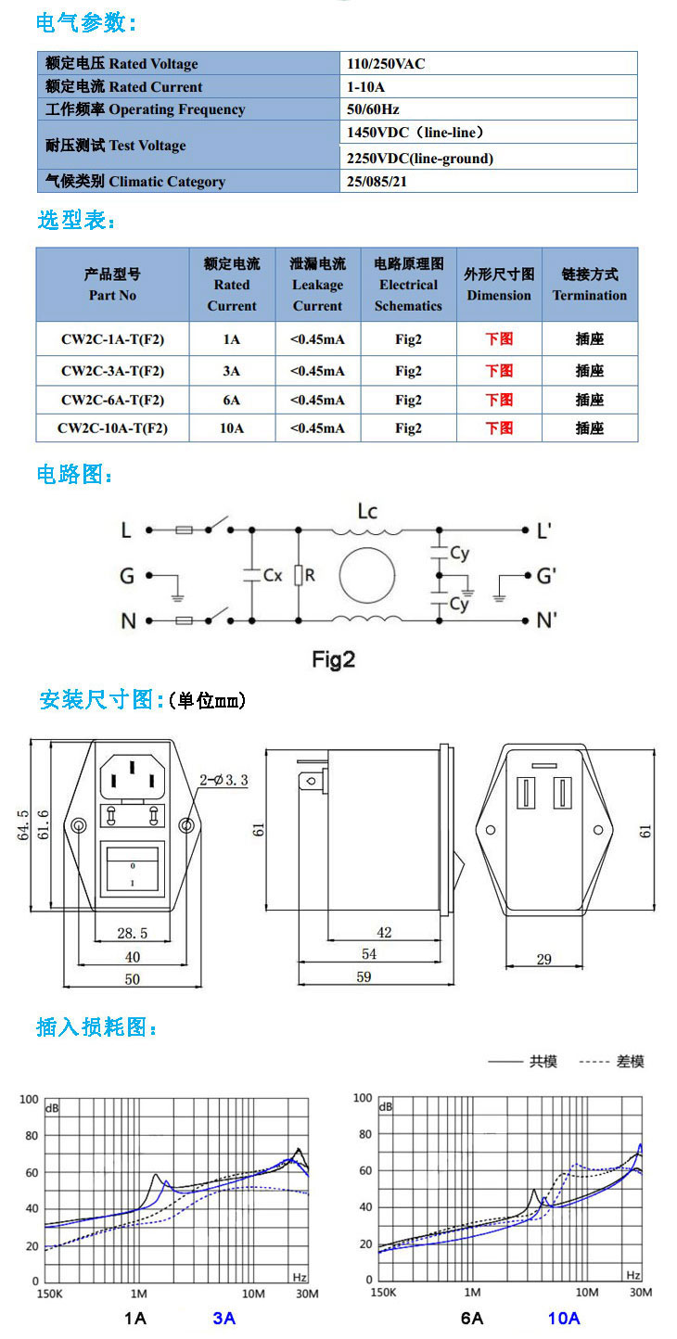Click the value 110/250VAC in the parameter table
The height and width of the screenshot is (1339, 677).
click(386, 63)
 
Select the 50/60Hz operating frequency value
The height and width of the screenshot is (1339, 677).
click(373, 109)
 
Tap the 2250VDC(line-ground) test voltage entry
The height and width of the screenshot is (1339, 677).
click(420, 159)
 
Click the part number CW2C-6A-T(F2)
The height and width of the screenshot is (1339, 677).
click(112, 400)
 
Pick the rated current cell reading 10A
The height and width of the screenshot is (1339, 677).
click(232, 428)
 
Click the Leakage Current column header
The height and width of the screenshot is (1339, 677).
click(317, 285)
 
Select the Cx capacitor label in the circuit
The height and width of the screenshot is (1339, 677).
click(273, 575)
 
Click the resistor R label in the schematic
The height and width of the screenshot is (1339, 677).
click(310, 575)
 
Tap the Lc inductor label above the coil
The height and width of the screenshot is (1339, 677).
click(367, 511)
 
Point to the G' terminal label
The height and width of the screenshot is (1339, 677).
click(546, 576)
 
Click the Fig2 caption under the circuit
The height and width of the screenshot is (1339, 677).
click(334, 659)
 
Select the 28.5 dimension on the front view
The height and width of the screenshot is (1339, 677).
click(133, 933)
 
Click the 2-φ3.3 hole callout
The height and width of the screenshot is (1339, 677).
click(224, 780)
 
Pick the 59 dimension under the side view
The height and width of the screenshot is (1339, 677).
click(364, 976)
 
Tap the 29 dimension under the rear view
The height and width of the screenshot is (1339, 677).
click(543, 960)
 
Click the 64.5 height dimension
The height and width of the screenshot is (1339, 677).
click(23, 825)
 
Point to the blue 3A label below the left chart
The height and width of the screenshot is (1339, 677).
click(224, 1318)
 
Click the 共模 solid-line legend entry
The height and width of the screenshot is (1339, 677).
click(523, 1062)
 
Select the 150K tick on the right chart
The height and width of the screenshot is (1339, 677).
click(383, 1293)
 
